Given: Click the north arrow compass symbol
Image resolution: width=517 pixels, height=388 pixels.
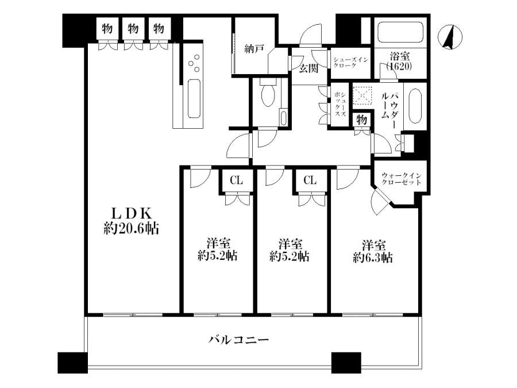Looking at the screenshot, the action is (x=450, y=37).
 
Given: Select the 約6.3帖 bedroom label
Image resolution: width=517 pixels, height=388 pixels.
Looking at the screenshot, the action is (x=373, y=251).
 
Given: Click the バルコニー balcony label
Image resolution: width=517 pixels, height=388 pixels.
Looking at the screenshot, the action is (x=239, y=339).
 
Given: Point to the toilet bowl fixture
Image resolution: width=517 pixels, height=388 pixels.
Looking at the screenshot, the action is (x=268, y=93).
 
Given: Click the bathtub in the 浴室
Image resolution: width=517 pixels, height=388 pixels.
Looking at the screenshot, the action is (x=400, y=32).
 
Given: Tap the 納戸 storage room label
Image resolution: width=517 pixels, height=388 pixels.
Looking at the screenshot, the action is (x=254, y=49).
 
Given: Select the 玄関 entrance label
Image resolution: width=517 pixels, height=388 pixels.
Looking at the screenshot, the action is (x=308, y=68).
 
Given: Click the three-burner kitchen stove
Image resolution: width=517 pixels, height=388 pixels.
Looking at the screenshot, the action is (x=194, y=63).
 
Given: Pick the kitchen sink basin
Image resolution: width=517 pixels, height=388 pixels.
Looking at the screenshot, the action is (x=194, y=98).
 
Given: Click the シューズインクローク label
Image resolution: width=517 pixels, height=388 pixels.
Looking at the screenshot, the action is (x=350, y=62).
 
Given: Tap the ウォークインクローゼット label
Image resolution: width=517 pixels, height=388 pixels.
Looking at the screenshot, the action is (x=401, y=179).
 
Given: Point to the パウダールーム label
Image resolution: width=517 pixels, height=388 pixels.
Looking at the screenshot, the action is (x=389, y=105).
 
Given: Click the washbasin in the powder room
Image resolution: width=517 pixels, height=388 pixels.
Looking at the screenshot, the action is (x=414, y=106).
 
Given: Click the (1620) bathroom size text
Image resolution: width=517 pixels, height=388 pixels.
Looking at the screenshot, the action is (x=399, y=67).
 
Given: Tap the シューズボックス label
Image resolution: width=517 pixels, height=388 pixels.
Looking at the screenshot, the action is (x=339, y=104).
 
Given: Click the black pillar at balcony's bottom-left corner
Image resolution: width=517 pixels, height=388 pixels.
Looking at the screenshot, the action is (x=72, y=363).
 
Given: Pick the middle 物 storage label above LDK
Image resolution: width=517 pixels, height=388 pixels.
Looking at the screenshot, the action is (x=133, y=28).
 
